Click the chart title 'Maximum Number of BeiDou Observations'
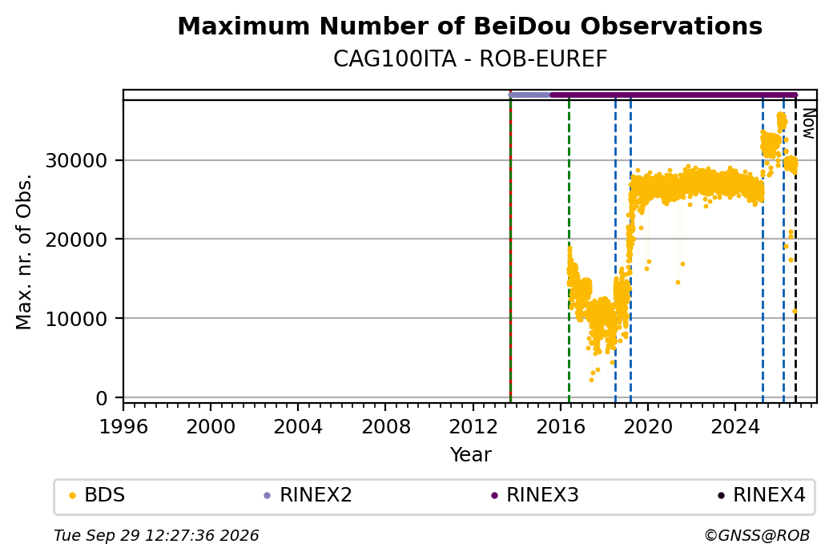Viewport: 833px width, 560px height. click(469, 26)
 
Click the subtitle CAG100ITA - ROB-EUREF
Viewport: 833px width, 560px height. click(469, 59)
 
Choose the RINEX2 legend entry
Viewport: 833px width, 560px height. click(308, 494)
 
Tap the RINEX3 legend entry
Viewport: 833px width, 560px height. click(535, 494)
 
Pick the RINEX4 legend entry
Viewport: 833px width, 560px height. click(761, 494)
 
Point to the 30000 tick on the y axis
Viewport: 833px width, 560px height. click(77, 160)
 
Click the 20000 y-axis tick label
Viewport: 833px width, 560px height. click(77, 239)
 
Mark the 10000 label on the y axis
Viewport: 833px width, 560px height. click(77, 318)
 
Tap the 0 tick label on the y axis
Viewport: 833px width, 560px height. click(102, 397)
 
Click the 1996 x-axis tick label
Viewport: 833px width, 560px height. click(123, 426)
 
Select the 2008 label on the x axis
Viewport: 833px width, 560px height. click(386, 426)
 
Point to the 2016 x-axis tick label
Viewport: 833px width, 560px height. click(561, 426)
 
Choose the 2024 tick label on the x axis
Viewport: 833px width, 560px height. click(735, 426)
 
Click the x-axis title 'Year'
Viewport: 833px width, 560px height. click(471, 455)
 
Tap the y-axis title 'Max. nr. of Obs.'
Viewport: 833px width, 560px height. click(24, 252)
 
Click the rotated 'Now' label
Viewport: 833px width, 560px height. click(808, 123)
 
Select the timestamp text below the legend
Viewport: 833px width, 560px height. click(156, 535)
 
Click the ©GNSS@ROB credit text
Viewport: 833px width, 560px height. click(757, 535)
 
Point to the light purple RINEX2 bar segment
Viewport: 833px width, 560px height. click(529, 95)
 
